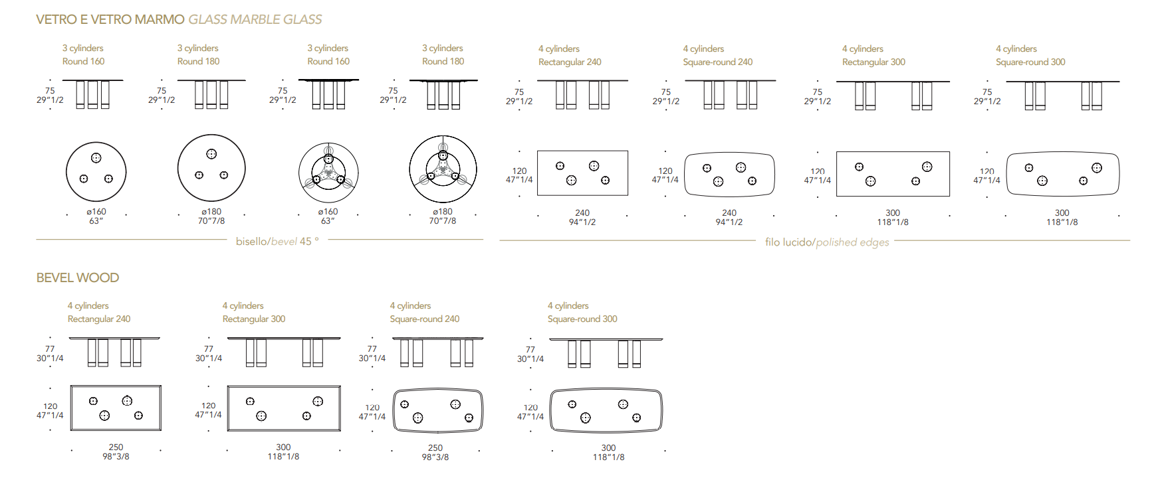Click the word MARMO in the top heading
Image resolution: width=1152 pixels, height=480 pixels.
click(160, 19)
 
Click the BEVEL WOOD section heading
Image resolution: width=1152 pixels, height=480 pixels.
click(78, 278)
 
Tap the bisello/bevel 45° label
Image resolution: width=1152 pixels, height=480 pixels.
click(277, 241)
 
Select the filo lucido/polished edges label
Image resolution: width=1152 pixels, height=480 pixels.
click(827, 242)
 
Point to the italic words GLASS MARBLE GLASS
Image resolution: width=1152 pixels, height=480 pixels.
click(255, 19)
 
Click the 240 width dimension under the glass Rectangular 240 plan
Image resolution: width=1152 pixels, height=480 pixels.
click(582, 212)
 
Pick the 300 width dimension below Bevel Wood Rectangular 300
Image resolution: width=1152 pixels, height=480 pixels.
click(283, 447)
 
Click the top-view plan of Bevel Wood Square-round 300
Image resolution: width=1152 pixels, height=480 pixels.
click(606, 411)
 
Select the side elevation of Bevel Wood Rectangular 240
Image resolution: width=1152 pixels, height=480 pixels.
click(114, 352)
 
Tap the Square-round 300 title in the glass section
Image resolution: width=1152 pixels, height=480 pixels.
click(1030, 62)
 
